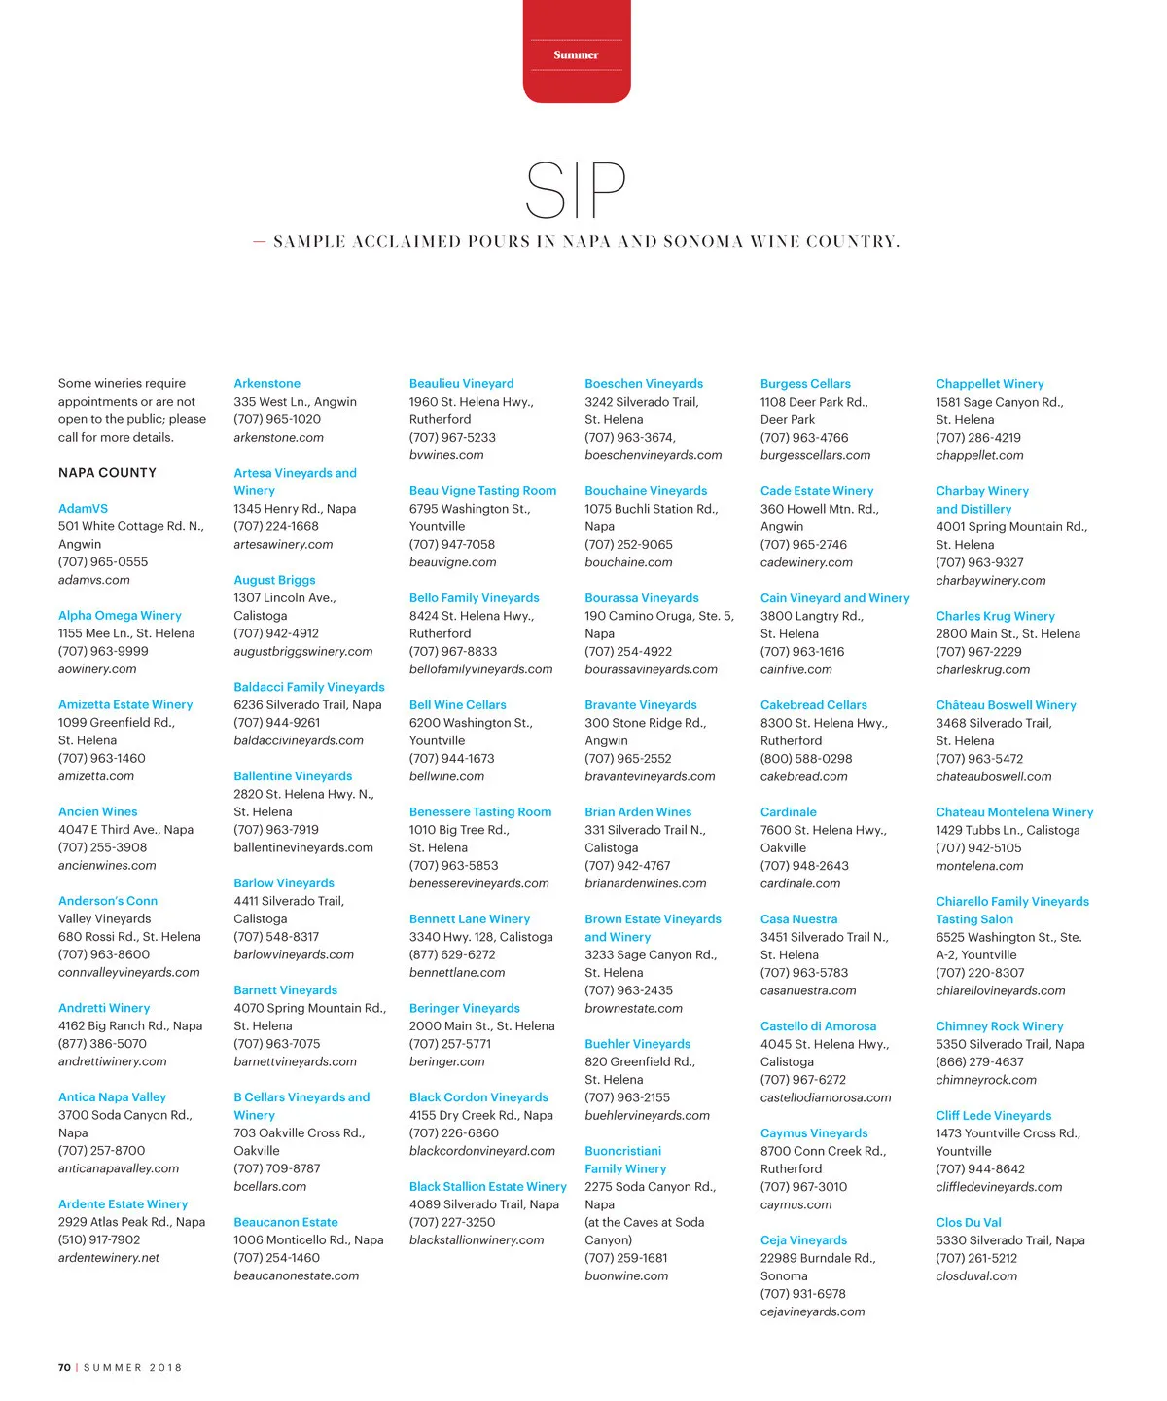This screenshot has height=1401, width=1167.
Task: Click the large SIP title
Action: pos(575,191)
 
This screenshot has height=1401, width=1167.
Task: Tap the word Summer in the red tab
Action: pos(576,55)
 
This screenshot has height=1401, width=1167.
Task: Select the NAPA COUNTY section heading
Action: pos(107,473)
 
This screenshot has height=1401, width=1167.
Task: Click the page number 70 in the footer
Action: pos(64,1367)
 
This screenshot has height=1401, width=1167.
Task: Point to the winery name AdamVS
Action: pos(83,509)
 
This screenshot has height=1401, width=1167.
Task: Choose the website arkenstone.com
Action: pos(278,438)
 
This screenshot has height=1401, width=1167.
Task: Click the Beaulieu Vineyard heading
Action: pos(461,384)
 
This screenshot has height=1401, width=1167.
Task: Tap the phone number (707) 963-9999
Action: pos(103,652)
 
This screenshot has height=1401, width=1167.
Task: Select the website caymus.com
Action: pos(796,1205)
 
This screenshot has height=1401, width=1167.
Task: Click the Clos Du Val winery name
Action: pos(968,1223)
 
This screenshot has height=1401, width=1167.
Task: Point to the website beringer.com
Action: pos(446,1062)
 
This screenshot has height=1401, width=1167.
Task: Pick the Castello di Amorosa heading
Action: pos(818,1026)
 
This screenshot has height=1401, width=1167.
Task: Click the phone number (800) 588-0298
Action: pos(805,759)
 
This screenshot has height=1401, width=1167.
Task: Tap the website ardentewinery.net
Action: pos(109,1258)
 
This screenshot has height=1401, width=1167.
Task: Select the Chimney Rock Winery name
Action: pos(999,1026)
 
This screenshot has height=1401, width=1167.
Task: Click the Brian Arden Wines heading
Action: pos(638,812)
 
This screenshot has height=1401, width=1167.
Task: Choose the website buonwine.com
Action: pos(626,1276)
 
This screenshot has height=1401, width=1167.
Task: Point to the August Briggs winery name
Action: pos(274,580)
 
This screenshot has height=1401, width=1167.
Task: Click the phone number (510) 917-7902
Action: pos(99,1240)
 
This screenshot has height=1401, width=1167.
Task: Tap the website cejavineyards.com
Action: pos(812,1312)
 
